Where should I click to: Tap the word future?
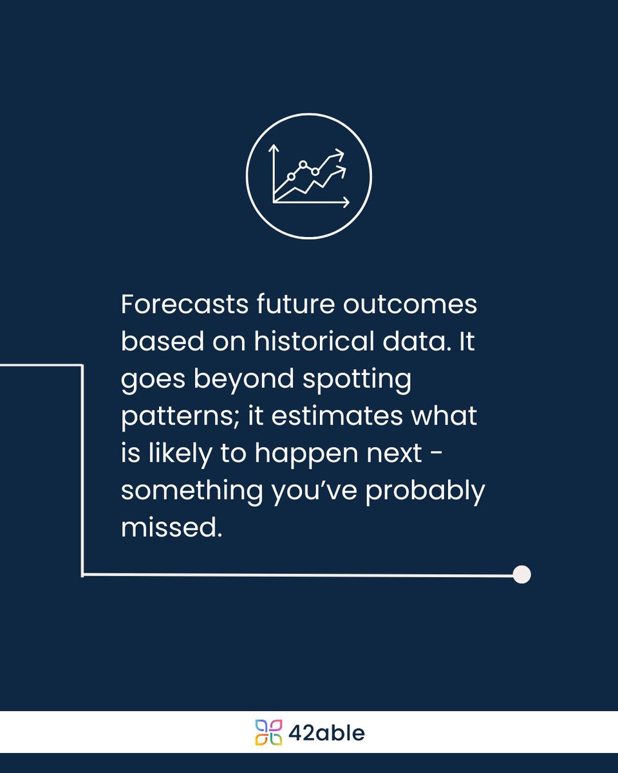[290, 305]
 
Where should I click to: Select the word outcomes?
[409, 305]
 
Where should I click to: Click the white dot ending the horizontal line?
[522, 574]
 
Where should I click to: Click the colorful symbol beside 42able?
[268, 732]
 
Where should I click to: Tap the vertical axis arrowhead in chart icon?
[274, 149]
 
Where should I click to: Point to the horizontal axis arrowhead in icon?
[346, 202]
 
